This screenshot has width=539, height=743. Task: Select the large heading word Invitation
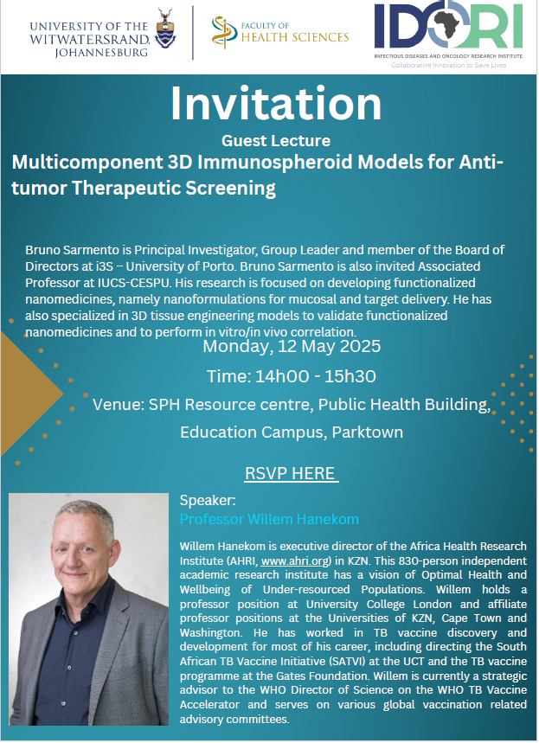[x=276, y=103]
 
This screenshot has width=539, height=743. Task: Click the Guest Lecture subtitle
[x=276, y=141]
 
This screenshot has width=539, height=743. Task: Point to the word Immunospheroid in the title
[x=274, y=163]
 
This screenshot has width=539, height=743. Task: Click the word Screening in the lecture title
[x=230, y=188]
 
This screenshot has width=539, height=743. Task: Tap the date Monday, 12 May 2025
[x=292, y=346]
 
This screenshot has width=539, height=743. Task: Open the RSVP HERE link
[x=290, y=473]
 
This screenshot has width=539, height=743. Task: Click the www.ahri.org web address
[x=295, y=561]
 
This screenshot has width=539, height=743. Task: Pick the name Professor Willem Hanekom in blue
[x=269, y=519]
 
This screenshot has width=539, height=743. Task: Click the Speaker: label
[x=208, y=501]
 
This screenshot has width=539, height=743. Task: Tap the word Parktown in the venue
[x=368, y=432]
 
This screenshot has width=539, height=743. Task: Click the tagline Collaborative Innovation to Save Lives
[x=448, y=65]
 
